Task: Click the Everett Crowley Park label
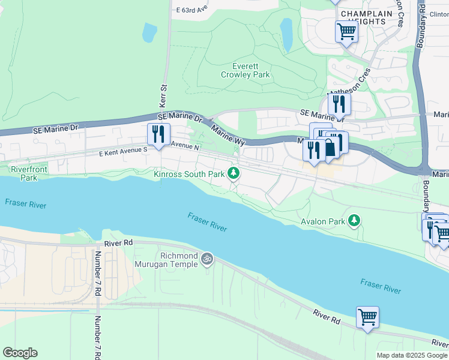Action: (245, 71)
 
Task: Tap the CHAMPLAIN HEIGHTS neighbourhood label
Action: (363, 17)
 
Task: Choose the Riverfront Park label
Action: (29, 173)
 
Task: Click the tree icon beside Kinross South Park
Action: (234, 174)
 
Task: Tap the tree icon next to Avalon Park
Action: (355, 221)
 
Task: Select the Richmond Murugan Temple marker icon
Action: (207, 259)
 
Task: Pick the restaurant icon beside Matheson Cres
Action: (339, 104)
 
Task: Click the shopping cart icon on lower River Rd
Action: (367, 316)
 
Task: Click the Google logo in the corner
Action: (20, 353)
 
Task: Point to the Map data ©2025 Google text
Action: (412, 355)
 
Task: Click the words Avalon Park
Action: (323, 221)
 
